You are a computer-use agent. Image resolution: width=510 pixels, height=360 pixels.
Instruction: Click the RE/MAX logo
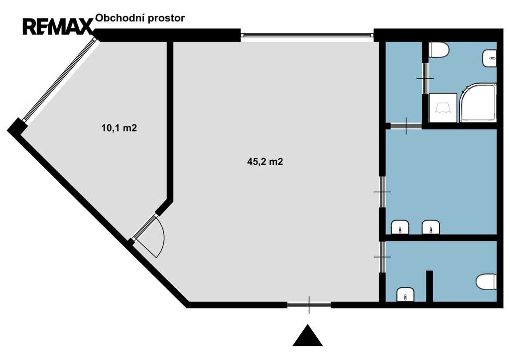[x=58, y=27]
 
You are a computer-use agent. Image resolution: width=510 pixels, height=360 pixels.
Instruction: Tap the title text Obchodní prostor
[x=140, y=18]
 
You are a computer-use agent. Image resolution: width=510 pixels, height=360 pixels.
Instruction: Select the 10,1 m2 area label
[x=119, y=128]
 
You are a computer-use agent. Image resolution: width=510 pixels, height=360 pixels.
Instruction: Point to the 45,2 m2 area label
[x=265, y=161]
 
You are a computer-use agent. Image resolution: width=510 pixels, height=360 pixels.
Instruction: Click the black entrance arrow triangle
[x=307, y=335]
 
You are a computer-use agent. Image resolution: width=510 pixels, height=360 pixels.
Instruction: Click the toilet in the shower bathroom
[x=439, y=50]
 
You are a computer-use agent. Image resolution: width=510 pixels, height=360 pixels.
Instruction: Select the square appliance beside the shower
[x=443, y=108]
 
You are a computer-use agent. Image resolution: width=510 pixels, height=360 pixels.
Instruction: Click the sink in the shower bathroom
[x=490, y=58]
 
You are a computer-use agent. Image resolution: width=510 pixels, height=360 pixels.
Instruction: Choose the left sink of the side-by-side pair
[x=400, y=227]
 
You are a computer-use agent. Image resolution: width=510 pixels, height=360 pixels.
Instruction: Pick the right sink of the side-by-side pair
[x=431, y=227]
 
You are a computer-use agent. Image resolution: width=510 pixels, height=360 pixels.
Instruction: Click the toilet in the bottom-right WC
[x=486, y=282]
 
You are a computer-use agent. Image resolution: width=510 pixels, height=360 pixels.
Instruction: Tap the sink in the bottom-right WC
[x=405, y=295]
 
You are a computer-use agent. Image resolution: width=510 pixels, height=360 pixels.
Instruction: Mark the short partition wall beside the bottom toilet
[x=429, y=286]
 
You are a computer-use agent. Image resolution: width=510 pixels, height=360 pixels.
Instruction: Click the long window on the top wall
[x=307, y=35]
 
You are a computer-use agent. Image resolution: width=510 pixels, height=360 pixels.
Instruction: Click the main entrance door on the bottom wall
[x=309, y=305]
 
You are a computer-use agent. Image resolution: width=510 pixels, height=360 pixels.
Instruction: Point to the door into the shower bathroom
[x=425, y=78]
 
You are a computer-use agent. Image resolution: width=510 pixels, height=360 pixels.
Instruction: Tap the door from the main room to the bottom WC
[x=382, y=257]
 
